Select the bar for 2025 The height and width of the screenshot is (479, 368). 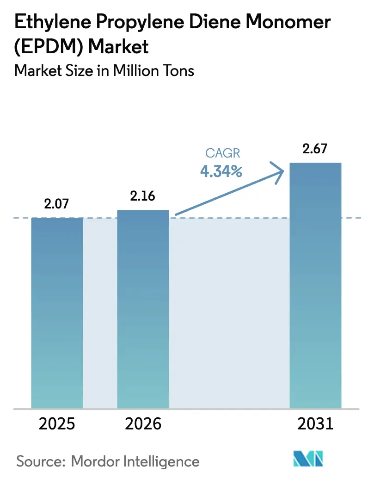[x=57, y=313]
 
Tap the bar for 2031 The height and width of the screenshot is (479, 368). [x=315, y=285]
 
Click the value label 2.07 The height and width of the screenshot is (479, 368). [x=57, y=203]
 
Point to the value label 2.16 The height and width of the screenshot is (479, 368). [x=143, y=196]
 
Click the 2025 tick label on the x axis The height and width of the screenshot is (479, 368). [x=57, y=424]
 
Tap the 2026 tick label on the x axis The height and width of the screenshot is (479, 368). [x=143, y=424]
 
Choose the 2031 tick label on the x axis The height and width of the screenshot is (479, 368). [x=315, y=424]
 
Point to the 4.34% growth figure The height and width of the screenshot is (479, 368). [x=221, y=171]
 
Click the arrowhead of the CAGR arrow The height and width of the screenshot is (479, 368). [x=280, y=173]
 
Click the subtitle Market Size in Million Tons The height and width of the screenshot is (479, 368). [x=104, y=71]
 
